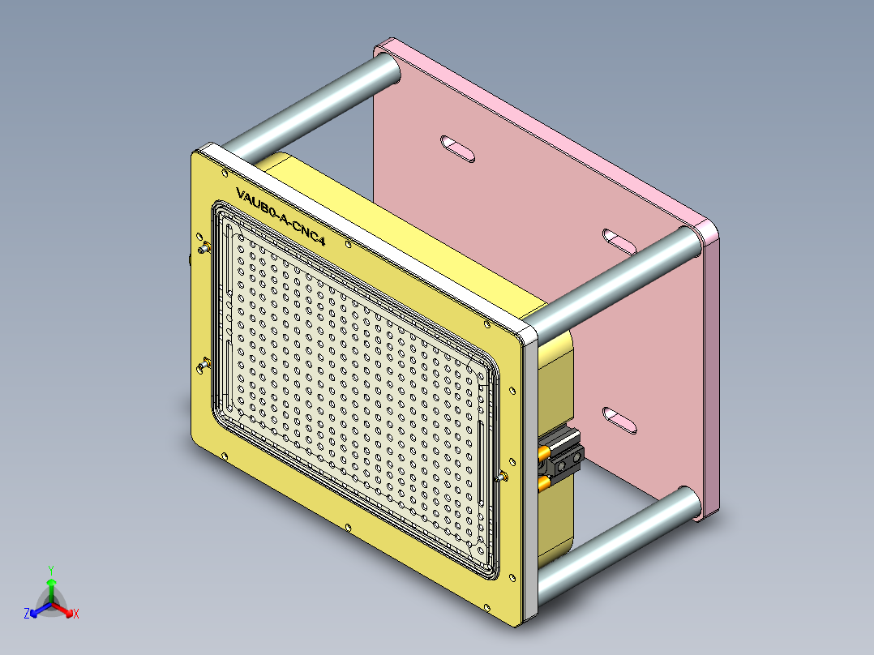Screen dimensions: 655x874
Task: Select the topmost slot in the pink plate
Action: point(458,148)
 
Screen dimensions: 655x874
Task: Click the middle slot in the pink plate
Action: point(620,240)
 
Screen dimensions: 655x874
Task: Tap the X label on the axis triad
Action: point(76,614)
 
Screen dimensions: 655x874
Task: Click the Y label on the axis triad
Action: point(50,570)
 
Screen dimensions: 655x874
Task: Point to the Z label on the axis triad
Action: point(27,614)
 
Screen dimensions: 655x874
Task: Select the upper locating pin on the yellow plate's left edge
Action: point(204,247)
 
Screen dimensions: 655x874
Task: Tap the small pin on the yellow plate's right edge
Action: point(504,477)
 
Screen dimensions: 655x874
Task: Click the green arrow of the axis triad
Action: point(51,586)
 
